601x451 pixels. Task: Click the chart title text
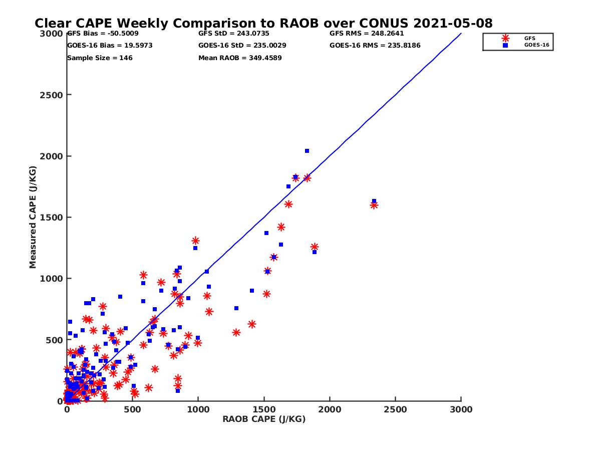[263, 23]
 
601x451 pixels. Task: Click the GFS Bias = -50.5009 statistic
[103, 34]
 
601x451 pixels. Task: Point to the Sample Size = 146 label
[100, 58]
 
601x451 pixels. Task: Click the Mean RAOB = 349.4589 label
[240, 58]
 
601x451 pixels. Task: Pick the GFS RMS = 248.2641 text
[367, 34]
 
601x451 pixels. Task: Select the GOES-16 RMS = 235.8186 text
[375, 45]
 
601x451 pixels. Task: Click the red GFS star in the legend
[505, 38]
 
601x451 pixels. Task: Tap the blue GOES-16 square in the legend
[505, 45]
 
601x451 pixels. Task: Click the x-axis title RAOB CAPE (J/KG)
[264, 419]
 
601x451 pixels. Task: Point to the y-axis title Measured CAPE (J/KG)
[33, 217]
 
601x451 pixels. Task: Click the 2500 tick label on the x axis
[396, 409]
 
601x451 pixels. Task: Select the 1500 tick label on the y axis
[51, 217]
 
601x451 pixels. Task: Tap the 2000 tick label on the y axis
[51, 156]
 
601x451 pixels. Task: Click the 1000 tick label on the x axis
[198, 409]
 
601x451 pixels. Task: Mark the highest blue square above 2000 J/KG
[307, 151]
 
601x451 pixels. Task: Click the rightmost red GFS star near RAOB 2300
[374, 205]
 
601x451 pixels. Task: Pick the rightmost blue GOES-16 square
[374, 201]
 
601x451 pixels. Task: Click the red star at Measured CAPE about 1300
[195, 241]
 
